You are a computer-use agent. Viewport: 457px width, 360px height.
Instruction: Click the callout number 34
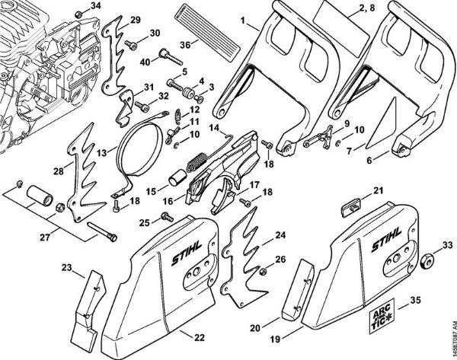95,6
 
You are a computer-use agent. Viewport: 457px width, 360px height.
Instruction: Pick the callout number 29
135,19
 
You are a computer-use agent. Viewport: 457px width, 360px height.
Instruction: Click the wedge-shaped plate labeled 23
85,298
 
